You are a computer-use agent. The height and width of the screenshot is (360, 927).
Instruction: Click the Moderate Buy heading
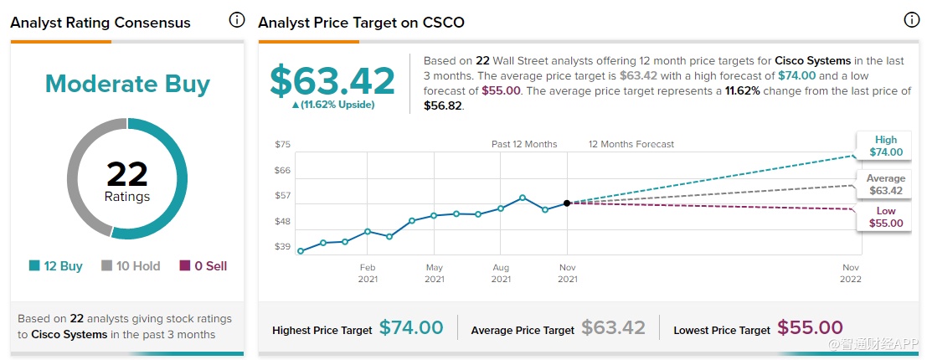(x=127, y=84)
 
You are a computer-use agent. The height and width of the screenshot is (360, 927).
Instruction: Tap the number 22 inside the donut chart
(x=127, y=175)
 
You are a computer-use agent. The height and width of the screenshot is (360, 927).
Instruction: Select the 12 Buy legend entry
(x=56, y=266)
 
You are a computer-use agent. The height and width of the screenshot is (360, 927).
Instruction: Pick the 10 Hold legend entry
(x=131, y=266)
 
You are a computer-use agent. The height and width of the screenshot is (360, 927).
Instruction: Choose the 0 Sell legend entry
(x=203, y=266)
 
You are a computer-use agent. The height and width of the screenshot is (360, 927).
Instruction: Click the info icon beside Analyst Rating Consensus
(x=237, y=20)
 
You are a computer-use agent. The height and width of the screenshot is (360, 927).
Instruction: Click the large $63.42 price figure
(x=332, y=80)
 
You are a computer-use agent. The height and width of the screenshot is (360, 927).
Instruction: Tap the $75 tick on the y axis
(x=282, y=145)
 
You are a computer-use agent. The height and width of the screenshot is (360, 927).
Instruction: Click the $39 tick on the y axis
(x=282, y=247)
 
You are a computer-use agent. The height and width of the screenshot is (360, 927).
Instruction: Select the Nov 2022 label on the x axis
(x=852, y=273)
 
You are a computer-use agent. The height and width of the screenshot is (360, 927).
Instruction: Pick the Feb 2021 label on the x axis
(x=368, y=273)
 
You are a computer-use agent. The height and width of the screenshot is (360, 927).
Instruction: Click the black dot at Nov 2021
(x=567, y=203)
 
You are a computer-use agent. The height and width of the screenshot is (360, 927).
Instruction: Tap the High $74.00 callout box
(x=885, y=146)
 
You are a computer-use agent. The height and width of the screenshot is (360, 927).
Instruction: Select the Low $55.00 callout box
(x=885, y=218)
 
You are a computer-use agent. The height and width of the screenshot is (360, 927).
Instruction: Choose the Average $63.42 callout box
(x=885, y=184)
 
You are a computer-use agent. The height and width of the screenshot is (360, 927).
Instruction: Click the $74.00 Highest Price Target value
(x=411, y=328)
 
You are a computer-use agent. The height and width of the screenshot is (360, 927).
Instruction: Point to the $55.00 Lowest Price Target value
(x=810, y=328)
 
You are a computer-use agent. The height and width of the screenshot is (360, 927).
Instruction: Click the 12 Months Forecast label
(x=631, y=144)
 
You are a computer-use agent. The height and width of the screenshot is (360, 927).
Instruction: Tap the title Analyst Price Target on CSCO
(x=361, y=23)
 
